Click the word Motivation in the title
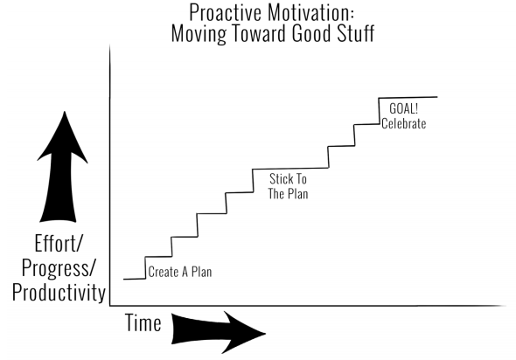pos(310,13)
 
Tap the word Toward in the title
pos(261,33)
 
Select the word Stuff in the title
pos(356,33)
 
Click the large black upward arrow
pos(62,167)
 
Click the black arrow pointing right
pos(219,332)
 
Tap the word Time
pos(143,322)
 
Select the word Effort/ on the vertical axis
pos(58,244)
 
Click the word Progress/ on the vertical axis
pos(59,268)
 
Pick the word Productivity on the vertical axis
pos(59,293)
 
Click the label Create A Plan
pos(180,272)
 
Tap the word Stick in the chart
pos(281,179)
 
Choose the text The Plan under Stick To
pos(288,193)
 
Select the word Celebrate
pos(404,123)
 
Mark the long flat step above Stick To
pos(290,169)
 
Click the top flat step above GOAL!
pos(408,97)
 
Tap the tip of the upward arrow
pos(65,112)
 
